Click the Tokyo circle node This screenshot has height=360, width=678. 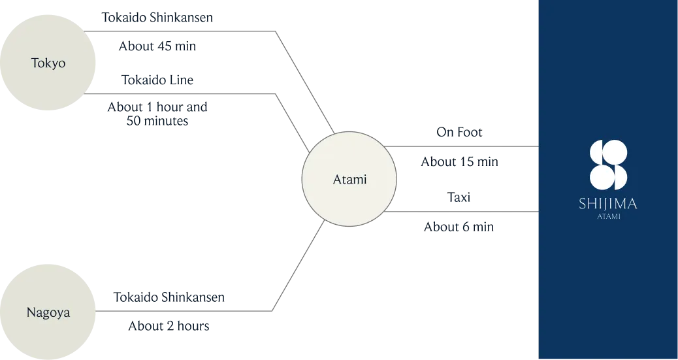[48, 62]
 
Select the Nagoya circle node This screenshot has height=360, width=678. [48, 312]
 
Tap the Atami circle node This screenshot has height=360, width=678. [349, 179]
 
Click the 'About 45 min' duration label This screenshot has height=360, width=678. [157, 46]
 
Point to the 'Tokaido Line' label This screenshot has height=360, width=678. [157, 80]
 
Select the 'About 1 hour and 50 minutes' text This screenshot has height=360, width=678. [157, 114]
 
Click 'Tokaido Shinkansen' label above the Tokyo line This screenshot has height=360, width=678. [157, 18]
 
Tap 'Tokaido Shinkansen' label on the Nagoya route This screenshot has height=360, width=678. [169, 297]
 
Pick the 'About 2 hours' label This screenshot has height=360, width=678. [169, 326]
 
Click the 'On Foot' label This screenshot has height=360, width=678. [459, 132]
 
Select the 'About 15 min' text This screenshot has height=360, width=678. [460, 162]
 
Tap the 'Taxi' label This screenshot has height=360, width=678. [459, 197]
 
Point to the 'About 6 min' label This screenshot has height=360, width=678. [459, 227]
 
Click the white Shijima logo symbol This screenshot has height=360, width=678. [608, 165]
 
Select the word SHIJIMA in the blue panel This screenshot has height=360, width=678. [608, 203]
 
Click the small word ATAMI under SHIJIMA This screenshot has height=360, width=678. [609, 216]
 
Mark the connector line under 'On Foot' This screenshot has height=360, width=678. [461, 147]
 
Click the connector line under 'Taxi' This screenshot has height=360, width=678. [461, 212]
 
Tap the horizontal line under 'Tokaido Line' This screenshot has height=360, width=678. [180, 93]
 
